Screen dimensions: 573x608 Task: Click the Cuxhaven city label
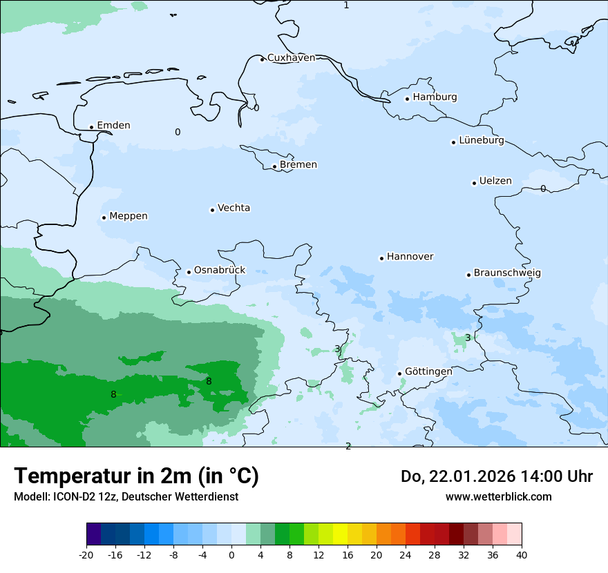point(291,58)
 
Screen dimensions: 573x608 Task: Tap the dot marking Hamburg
point(407,99)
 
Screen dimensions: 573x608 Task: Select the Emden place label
point(113,126)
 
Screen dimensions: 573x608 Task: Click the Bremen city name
point(298,165)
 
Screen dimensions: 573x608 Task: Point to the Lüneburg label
point(482,141)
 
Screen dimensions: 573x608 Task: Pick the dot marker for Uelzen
point(474,183)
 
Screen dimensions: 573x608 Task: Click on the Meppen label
point(129,216)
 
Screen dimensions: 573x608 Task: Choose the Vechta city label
point(234,208)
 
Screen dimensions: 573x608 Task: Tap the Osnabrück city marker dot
point(189,272)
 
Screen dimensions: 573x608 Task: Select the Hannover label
point(410,257)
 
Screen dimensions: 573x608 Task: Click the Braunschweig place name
point(507,273)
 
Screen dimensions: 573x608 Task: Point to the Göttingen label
point(428,371)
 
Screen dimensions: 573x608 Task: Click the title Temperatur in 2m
point(136,476)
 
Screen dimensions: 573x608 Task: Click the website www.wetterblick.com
point(498,496)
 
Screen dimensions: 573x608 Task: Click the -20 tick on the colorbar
point(86,554)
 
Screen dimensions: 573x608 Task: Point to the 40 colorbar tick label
point(522,554)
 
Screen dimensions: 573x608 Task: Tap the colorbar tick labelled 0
point(231,554)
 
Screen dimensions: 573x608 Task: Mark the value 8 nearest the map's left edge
point(113,395)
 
